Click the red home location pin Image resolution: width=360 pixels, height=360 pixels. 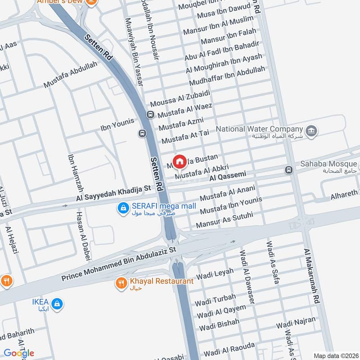point(180,161)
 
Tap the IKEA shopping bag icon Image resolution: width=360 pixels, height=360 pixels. point(56,304)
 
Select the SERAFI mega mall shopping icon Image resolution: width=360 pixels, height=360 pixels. point(122,207)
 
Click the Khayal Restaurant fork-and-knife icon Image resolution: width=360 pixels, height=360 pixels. point(121,283)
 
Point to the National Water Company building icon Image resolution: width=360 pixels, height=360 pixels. point(311,131)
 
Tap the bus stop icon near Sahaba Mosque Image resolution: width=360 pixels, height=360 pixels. point(288,170)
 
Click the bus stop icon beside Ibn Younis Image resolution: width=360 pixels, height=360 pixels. point(142,133)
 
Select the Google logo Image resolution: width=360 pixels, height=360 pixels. point(19,353)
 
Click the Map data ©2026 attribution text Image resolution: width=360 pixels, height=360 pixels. point(335,355)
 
